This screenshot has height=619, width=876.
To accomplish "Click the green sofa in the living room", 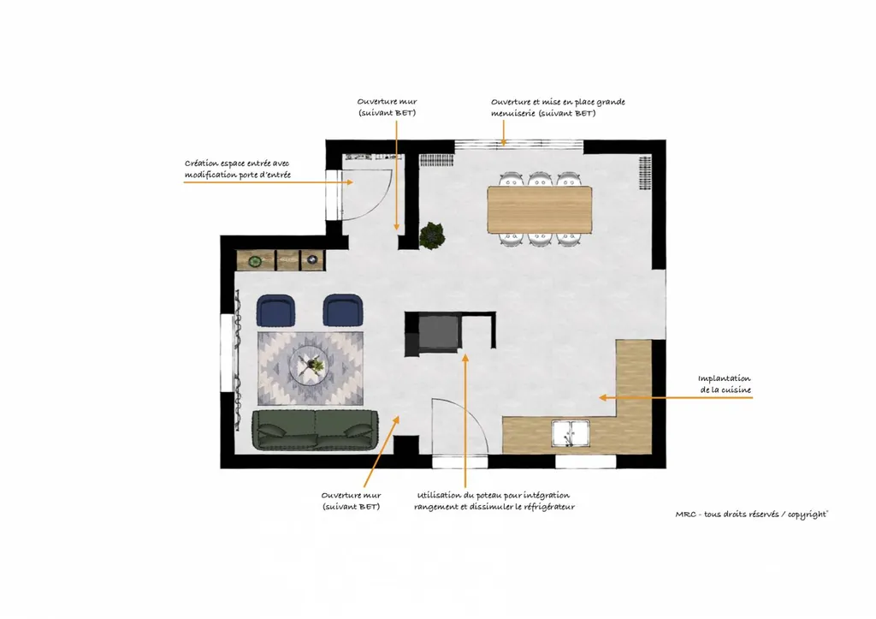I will pyautogui.click(x=316, y=430).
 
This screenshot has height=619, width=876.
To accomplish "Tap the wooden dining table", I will pyautogui.click(x=540, y=210).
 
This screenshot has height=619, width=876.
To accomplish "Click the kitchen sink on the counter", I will pyautogui.click(x=571, y=434).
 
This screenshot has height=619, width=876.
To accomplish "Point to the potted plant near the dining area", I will pyautogui.click(x=433, y=235).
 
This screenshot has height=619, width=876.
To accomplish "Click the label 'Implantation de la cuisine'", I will pyautogui.click(x=724, y=384).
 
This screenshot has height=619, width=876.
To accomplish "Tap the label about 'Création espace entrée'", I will pyautogui.click(x=238, y=169).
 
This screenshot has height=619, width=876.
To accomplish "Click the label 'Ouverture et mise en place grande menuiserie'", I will pyautogui.click(x=558, y=107).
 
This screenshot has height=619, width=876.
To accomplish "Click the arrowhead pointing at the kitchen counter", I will pyautogui.click(x=601, y=397).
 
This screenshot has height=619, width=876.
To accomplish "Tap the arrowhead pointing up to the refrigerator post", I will pyautogui.click(x=465, y=355).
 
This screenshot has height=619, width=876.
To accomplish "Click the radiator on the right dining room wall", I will pyautogui.click(x=643, y=175).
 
